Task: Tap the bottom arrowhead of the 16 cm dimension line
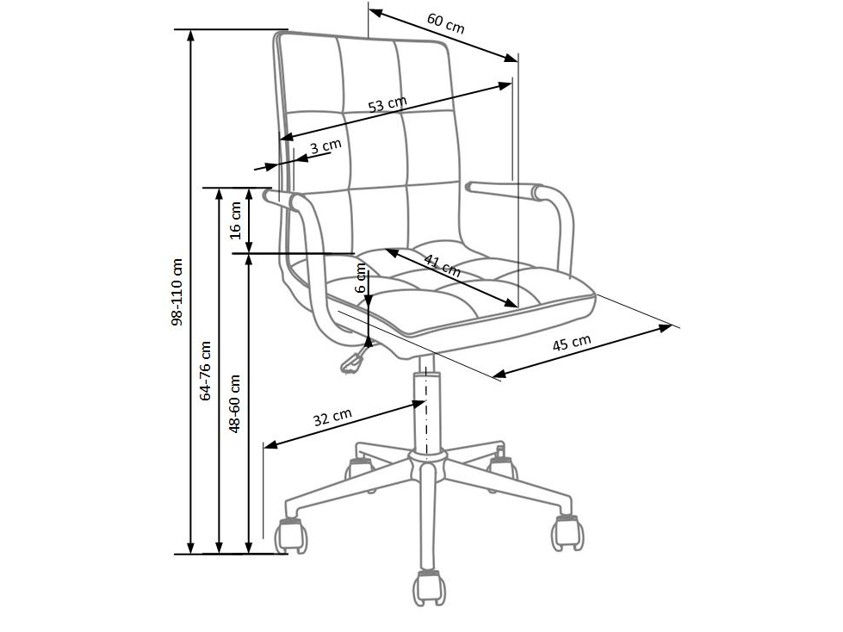pos(249,246)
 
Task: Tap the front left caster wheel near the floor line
pos(292,536)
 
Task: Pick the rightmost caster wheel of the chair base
pos(567,533)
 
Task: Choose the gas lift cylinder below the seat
pos(425,408)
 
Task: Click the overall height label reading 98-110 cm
pos(177,293)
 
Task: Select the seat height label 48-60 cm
pos(234,404)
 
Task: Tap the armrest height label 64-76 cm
pos(205,371)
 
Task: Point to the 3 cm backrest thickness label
pos(325,146)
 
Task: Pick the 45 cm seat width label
pos(572,343)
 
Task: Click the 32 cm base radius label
pos(332,417)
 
